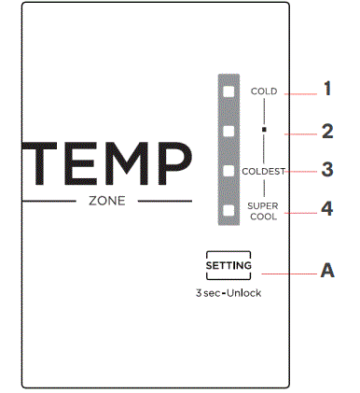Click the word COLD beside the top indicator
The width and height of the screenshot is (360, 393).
[x=265, y=91]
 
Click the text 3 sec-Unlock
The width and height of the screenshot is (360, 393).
[x=228, y=292]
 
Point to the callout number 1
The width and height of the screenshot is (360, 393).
[x=327, y=90]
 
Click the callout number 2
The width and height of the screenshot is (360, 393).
[x=327, y=132]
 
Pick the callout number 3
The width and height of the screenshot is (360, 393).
[x=327, y=170]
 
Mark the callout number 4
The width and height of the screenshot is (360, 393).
[x=327, y=209]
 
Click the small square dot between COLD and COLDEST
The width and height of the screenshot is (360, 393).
[x=265, y=130]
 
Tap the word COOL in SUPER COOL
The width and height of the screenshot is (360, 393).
[x=265, y=215]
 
